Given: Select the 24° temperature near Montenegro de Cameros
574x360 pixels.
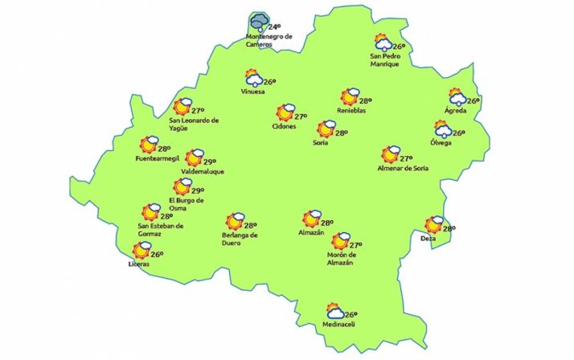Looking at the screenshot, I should (275, 27).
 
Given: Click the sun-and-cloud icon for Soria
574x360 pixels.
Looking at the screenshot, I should (326, 129).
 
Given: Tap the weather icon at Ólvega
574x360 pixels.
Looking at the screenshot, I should (443, 129).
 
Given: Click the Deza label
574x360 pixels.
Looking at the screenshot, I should (428, 239).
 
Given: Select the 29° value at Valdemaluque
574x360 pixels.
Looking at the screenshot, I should (215, 162).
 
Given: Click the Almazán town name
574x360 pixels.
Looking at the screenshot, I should (310, 232).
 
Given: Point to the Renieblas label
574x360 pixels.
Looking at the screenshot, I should (351, 111).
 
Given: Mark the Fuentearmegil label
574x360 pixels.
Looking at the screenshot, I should (158, 159).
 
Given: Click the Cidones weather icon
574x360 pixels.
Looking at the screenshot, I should (285, 113).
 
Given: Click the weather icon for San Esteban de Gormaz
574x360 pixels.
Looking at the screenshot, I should (150, 213).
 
